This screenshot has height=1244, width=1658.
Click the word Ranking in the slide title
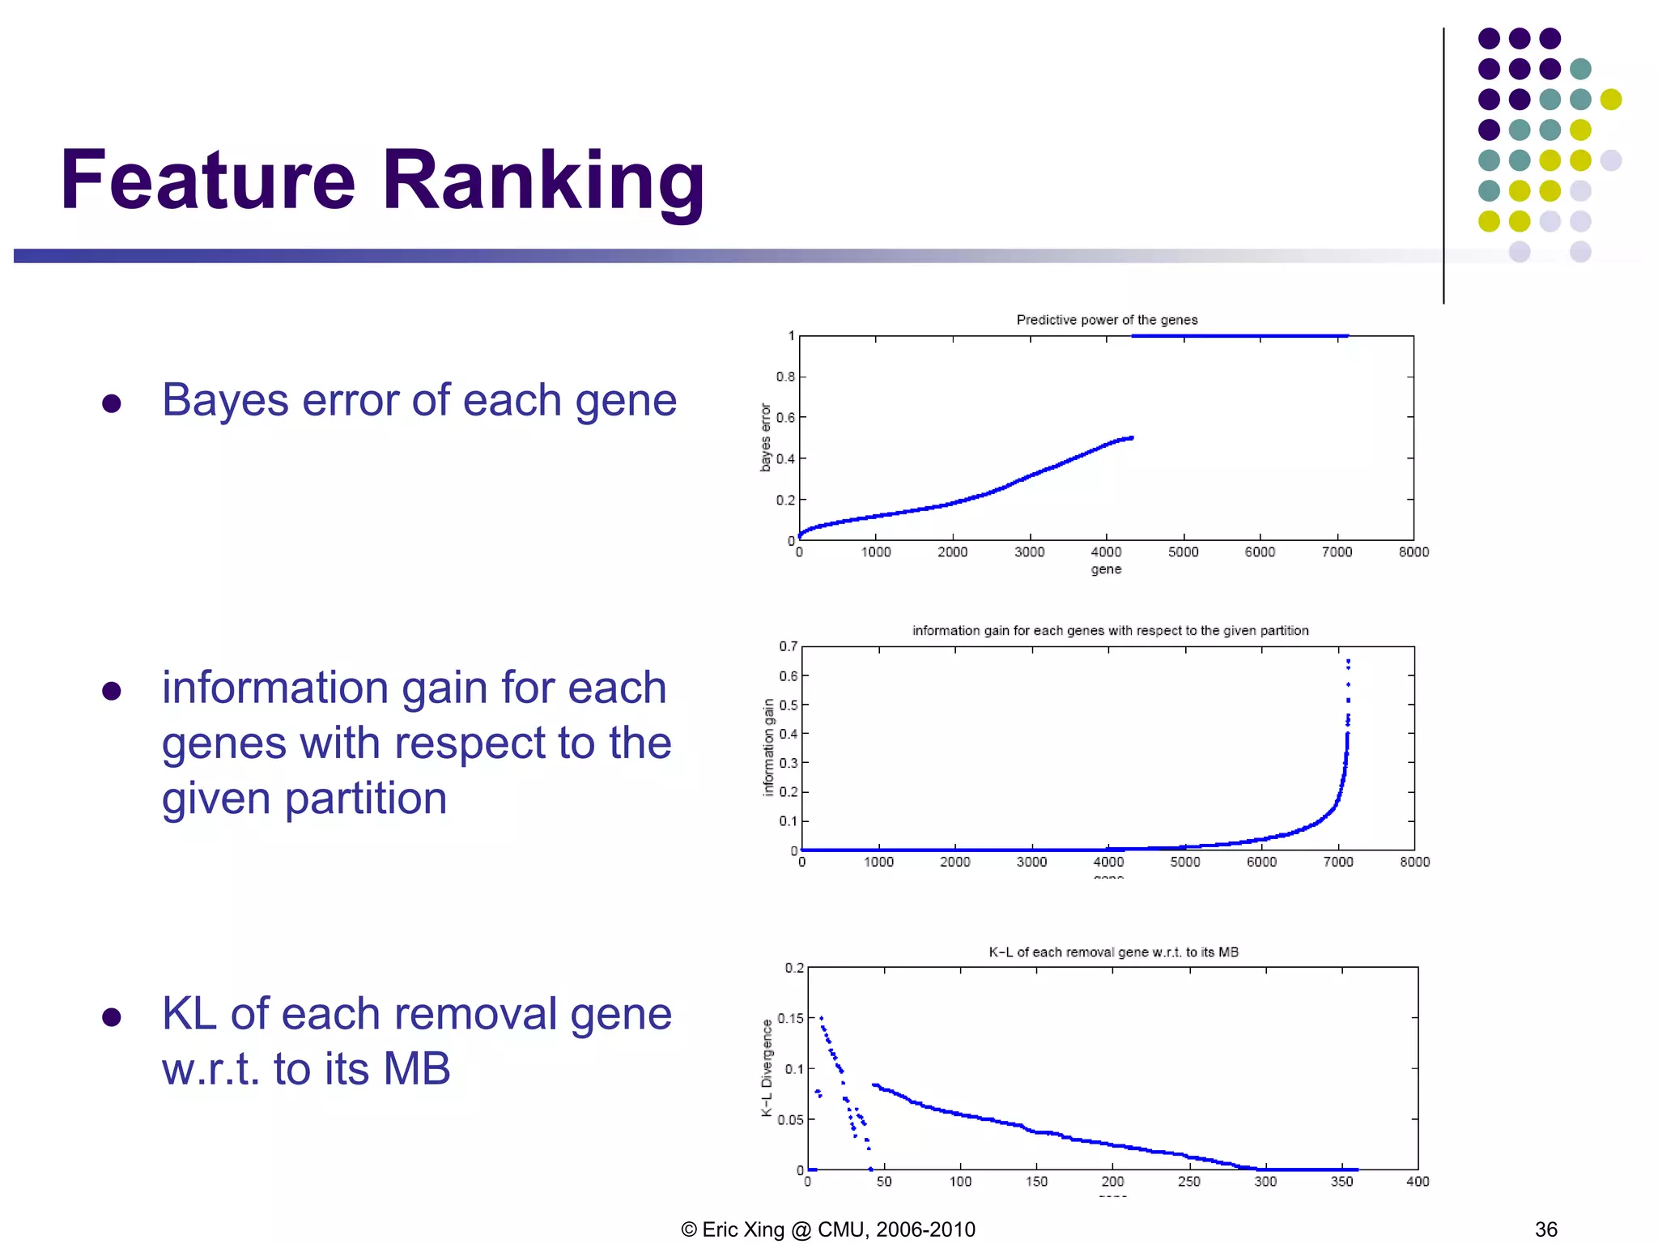(x=543, y=181)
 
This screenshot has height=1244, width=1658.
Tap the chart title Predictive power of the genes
(x=1107, y=320)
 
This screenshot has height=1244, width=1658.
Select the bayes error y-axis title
(x=765, y=437)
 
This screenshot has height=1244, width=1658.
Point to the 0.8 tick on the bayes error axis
(x=785, y=377)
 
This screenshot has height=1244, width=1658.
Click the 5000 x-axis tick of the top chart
(x=1183, y=552)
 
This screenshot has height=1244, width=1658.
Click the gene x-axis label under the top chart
(x=1106, y=569)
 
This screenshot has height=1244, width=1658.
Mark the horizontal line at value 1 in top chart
(x=1239, y=335)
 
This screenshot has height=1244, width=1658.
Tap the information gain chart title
(x=1110, y=631)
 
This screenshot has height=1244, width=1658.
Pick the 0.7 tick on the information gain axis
(x=788, y=646)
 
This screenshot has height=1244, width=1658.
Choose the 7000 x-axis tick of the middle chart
(x=1337, y=863)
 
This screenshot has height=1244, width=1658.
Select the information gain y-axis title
(x=768, y=748)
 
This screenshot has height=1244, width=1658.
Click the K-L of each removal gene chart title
(x=1113, y=952)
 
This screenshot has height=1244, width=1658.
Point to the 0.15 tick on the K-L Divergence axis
(x=790, y=1018)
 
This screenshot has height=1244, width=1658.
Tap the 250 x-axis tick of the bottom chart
(x=1188, y=1182)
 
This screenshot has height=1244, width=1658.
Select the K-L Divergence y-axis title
(x=767, y=1068)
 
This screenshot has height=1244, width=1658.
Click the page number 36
(x=1545, y=1229)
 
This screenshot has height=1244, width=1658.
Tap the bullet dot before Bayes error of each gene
(x=112, y=403)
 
